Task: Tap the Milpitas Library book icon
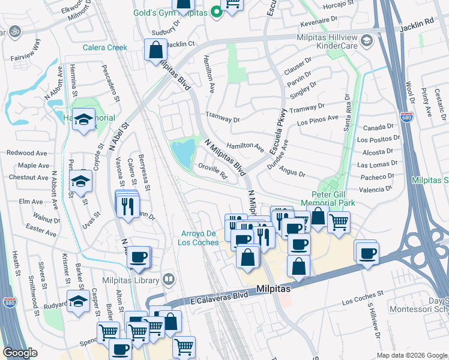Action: coord(169,280)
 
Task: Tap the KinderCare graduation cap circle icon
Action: coord(368,41)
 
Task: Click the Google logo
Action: coord(20,352)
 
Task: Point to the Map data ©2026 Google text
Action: coord(411,355)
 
